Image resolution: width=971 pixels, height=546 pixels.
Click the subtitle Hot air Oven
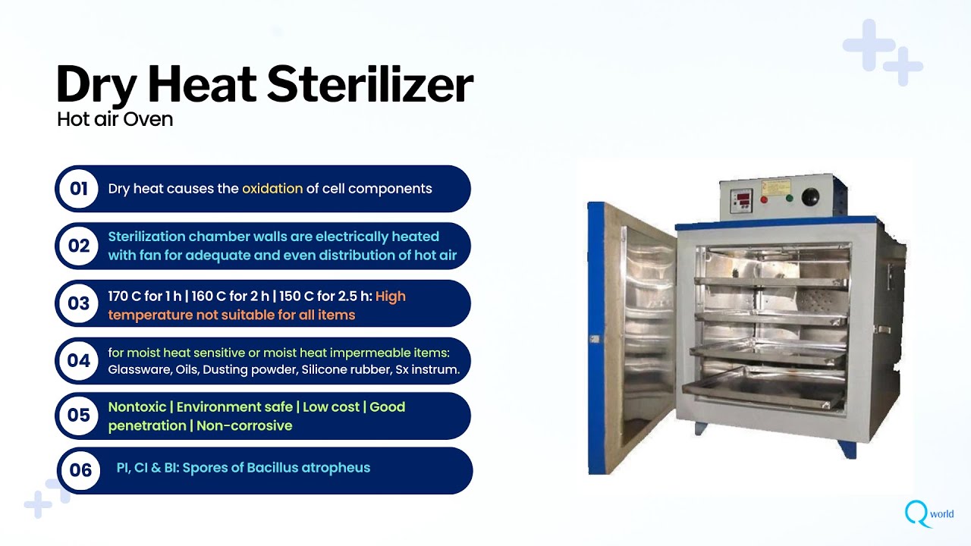coord(115,119)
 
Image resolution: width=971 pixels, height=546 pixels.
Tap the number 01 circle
coord(79,189)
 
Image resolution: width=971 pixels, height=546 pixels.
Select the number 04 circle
coord(79,361)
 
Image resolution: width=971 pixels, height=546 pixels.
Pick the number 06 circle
coord(80,470)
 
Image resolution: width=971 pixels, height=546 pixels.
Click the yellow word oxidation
coord(272,189)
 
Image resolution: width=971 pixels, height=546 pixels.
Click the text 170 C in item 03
coord(124,297)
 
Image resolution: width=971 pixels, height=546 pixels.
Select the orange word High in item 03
coord(391,297)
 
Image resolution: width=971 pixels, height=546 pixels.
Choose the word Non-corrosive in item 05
coord(244,426)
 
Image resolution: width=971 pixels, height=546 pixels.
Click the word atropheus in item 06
coord(336,467)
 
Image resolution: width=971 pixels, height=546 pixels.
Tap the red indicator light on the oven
coord(764,200)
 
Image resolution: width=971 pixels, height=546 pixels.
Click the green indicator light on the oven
coord(789,199)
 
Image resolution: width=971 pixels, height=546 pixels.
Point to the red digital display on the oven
coord(740,199)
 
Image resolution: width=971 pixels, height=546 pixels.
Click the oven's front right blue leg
coord(847,447)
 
